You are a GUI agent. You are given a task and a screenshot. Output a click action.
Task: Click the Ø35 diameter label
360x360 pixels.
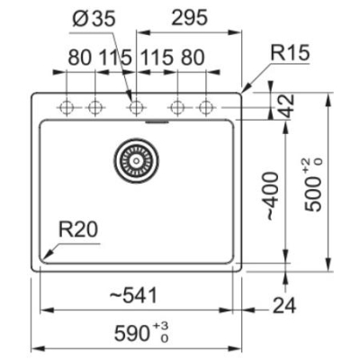(94, 19)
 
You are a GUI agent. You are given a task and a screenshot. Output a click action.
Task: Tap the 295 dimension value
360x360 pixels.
(189, 17)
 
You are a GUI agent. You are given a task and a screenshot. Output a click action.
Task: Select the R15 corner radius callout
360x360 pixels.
(290, 53)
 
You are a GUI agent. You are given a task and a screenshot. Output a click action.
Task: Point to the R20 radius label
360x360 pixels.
(78, 229)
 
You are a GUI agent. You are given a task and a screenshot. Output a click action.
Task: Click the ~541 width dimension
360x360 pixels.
(133, 295)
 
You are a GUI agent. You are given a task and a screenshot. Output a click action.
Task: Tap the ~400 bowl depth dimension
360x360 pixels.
(272, 195)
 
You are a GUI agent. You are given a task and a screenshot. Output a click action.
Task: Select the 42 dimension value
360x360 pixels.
(286, 106)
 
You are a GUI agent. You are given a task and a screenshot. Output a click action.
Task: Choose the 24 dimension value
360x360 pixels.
(284, 305)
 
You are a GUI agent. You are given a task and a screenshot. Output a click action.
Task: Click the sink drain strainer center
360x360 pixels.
(136, 160)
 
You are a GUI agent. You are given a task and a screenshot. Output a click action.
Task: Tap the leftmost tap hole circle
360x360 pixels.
(67, 107)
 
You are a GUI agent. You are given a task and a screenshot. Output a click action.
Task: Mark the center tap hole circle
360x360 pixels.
(136, 107)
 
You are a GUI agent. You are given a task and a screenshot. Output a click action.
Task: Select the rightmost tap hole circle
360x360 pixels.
(206, 107)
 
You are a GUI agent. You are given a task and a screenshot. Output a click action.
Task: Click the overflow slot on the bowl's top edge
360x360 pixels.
(157, 121)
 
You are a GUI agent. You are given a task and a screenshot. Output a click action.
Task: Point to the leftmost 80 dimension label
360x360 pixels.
(79, 58)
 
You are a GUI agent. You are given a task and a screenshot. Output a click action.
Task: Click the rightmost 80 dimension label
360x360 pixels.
(193, 58)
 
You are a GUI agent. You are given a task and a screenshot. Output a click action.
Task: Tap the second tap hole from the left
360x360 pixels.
(95, 107)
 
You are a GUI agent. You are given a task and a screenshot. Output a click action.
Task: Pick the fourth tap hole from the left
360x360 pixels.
(177, 107)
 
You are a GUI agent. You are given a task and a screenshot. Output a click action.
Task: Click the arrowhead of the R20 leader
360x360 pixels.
(44, 258)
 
